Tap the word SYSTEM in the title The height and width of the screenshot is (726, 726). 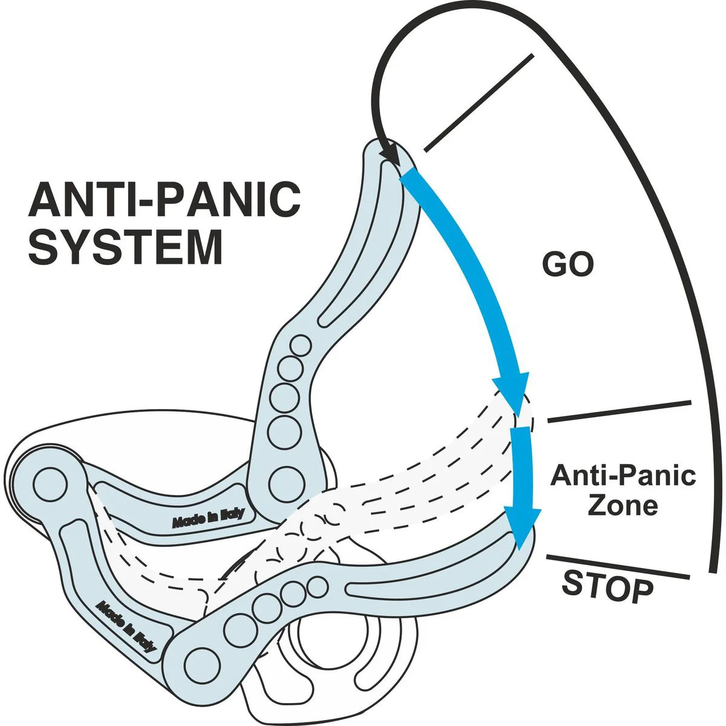[x=125, y=246]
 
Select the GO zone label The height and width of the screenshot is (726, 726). [x=567, y=264]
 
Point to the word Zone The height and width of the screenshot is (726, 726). [x=623, y=505]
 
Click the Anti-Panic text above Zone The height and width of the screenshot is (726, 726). [x=623, y=476]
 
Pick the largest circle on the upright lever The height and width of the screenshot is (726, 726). [x=284, y=481]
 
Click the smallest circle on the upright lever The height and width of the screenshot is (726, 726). [x=299, y=346]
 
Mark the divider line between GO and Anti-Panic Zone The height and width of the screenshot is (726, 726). [x=618, y=411]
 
